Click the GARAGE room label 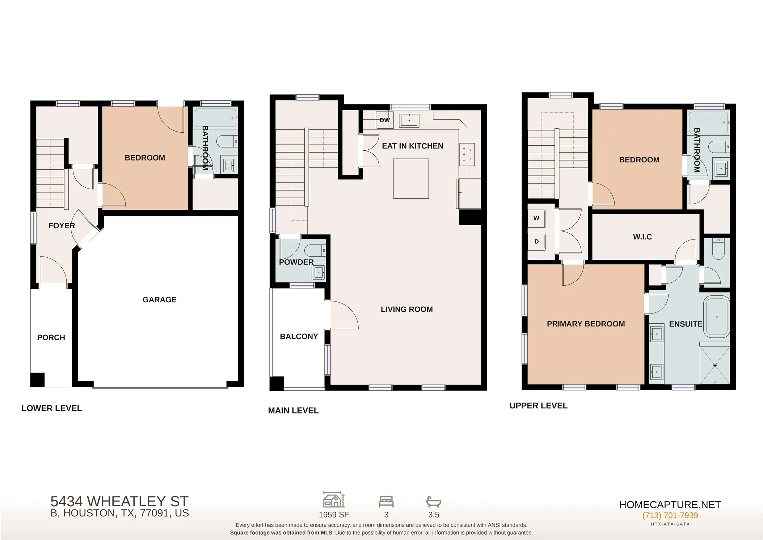click(160, 300)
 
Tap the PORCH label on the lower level click(51, 337)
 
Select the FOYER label click(62, 226)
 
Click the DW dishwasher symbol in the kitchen click(385, 120)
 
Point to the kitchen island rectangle click(411, 179)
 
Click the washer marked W click(536, 218)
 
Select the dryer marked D click(536, 241)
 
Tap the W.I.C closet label click(642, 237)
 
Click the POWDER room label click(296, 262)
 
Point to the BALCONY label click(299, 336)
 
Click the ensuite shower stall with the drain click(715, 365)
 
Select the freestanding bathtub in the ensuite click(717, 317)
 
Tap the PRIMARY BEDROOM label click(586, 324)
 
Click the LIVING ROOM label click(407, 310)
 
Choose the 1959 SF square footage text click(334, 515)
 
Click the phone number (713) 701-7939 click(670, 515)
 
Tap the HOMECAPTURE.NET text click(670, 504)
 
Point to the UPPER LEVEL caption click(539, 406)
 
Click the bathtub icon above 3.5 click(434, 502)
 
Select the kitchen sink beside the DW click(409, 121)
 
